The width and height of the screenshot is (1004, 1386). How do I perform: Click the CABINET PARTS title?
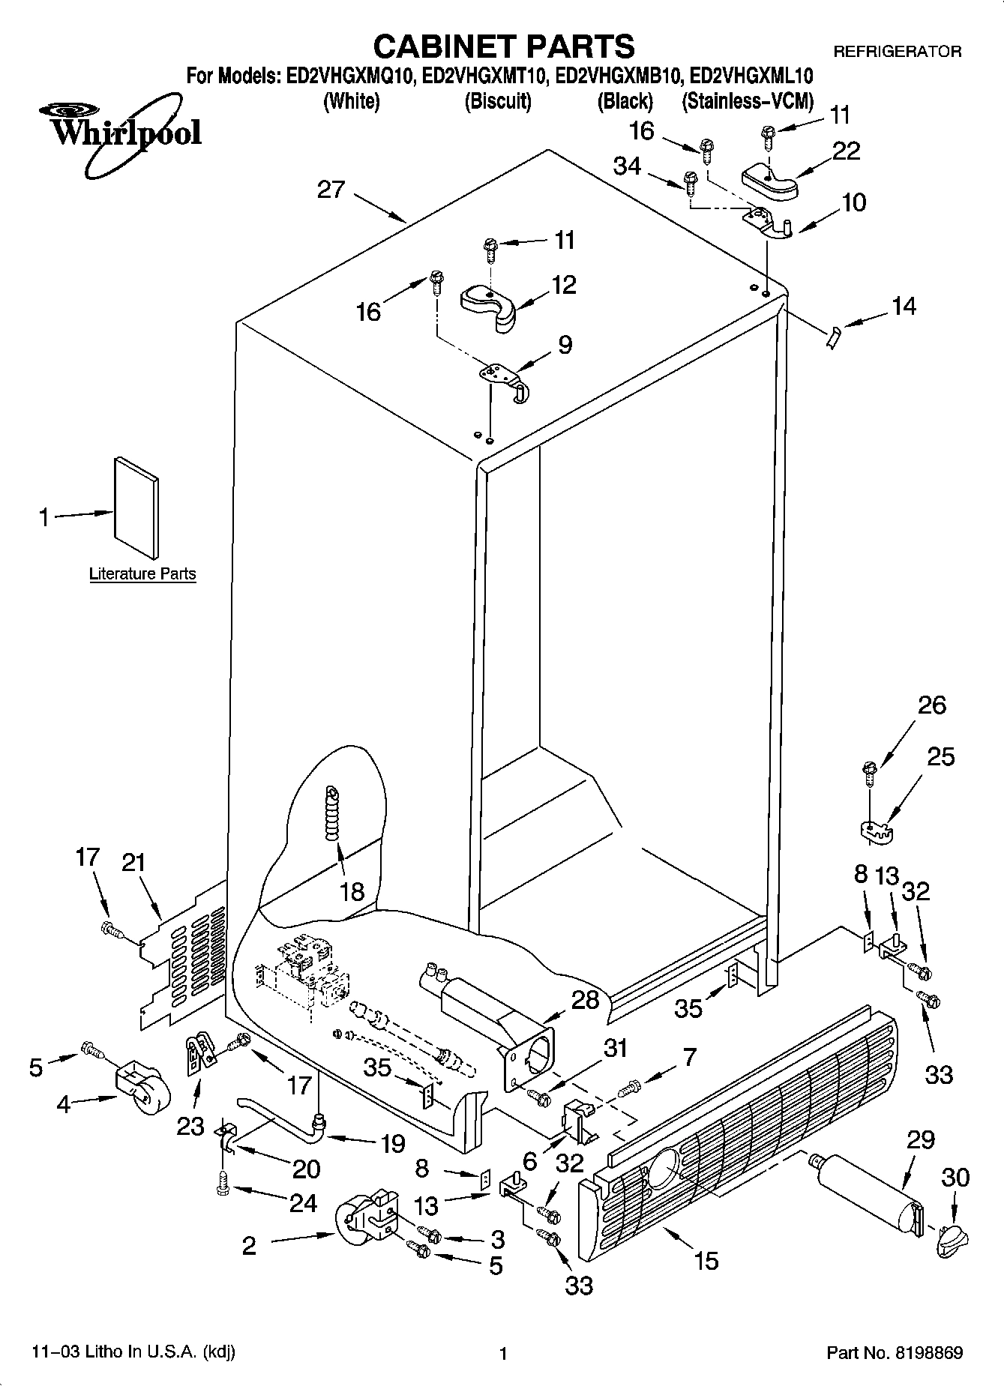coord(503,46)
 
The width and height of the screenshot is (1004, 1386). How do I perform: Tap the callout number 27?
coord(330,189)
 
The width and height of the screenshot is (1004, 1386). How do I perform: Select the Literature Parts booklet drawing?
coord(136,507)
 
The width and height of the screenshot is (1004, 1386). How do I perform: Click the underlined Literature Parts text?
coord(142,574)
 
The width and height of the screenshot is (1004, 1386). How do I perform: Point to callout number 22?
coord(846,151)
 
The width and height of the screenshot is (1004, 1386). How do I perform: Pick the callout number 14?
coord(904,306)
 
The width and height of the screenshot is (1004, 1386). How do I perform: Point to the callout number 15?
coord(706,1260)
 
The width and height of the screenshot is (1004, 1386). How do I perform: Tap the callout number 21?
coord(133,863)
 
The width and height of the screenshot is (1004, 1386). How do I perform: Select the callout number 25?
coord(940,757)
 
